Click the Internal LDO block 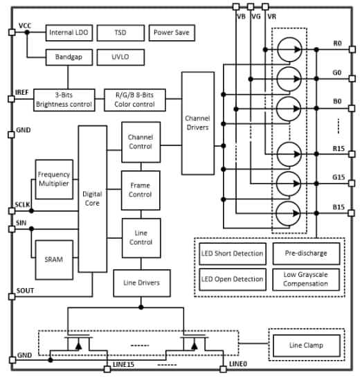tap(68, 33)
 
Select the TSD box tap(120, 33)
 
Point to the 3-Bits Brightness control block tap(62, 99)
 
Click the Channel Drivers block tap(198, 123)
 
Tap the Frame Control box tap(141, 190)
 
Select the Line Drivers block tap(141, 282)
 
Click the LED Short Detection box tap(232, 253)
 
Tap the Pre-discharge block tap(305, 253)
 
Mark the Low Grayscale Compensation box tap(305, 279)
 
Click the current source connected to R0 tap(289, 49)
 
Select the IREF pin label tap(21, 92)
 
